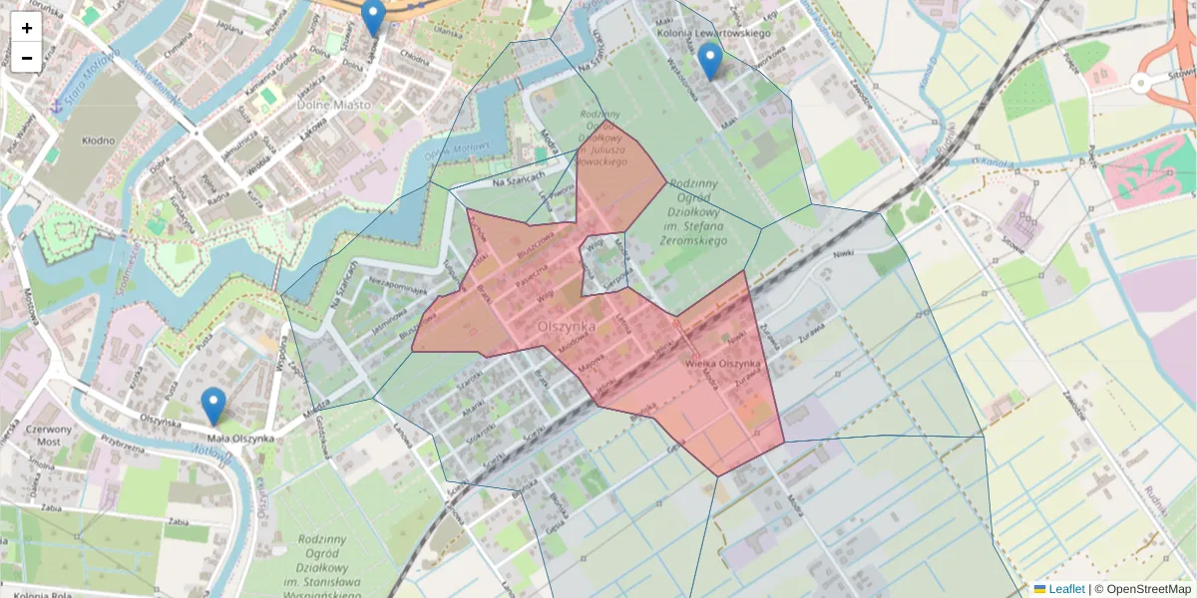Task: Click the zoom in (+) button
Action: tap(27, 28)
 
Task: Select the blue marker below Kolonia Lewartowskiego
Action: tap(709, 61)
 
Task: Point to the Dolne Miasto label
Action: tap(334, 104)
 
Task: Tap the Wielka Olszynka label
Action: tap(723, 365)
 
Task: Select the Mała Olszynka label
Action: tap(240, 439)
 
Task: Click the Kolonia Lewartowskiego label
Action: tap(715, 33)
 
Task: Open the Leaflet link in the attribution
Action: tap(1066, 589)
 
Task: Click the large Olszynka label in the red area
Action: tap(566, 325)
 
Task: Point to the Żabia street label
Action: tap(180, 520)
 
